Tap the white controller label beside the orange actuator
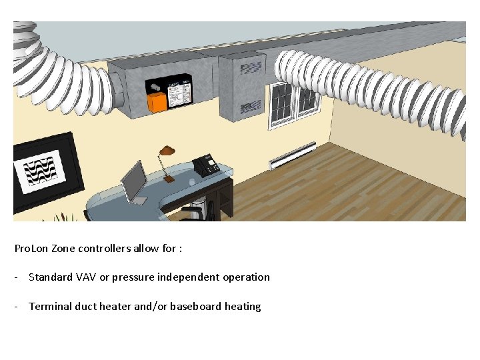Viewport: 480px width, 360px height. (178, 95)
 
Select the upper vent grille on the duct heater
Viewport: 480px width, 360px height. (251, 68)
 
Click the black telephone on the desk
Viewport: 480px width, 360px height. (206, 165)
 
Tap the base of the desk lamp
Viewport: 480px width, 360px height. (169, 179)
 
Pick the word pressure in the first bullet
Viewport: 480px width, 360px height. (131, 277)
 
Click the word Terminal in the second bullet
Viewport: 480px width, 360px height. (49, 307)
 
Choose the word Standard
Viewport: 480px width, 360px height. (51, 277)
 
